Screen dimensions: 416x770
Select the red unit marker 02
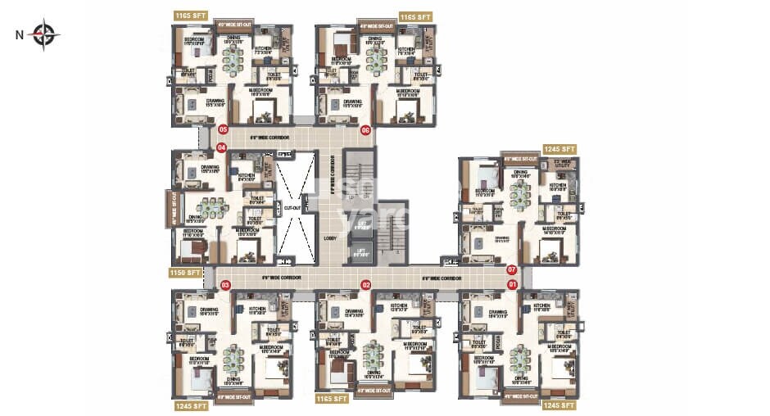367,285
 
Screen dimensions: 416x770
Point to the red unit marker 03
225,285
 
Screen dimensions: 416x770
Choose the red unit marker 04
221,147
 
